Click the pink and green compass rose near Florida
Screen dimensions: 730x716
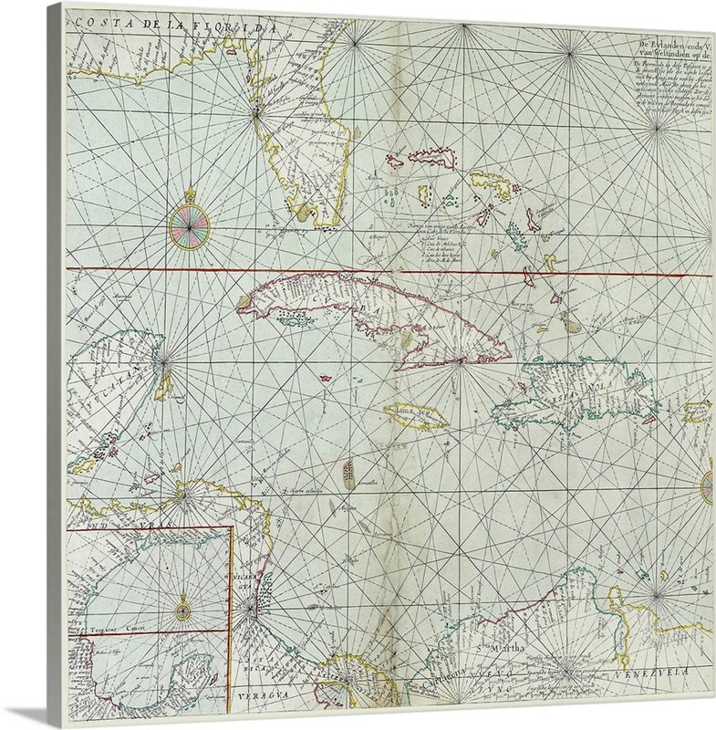tap(190, 225)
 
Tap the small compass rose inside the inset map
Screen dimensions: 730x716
tap(182, 603)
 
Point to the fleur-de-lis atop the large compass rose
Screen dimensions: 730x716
tap(190, 194)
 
